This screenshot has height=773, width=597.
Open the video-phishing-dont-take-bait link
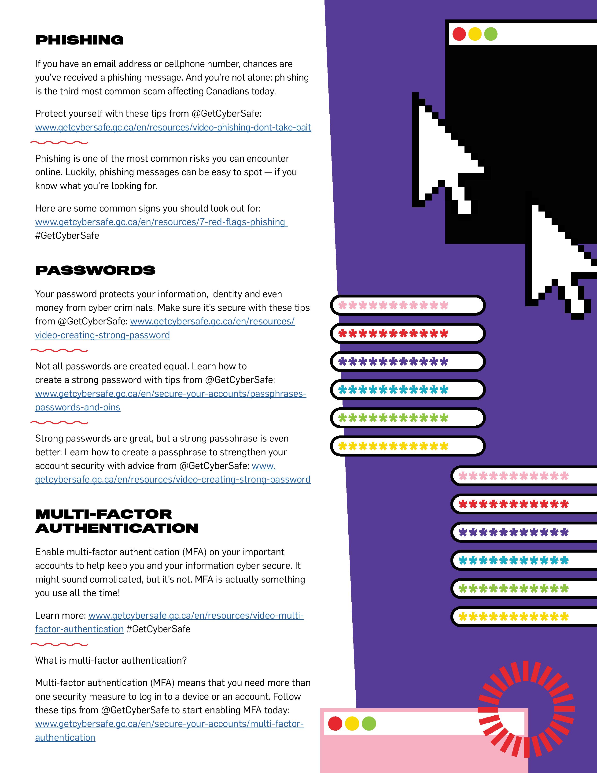tap(173, 127)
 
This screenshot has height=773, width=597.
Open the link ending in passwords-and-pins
tap(78, 407)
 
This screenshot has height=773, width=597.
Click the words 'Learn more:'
tap(60, 616)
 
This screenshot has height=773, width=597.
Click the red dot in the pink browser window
tap(335, 723)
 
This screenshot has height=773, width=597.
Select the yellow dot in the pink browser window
tap(352, 723)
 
